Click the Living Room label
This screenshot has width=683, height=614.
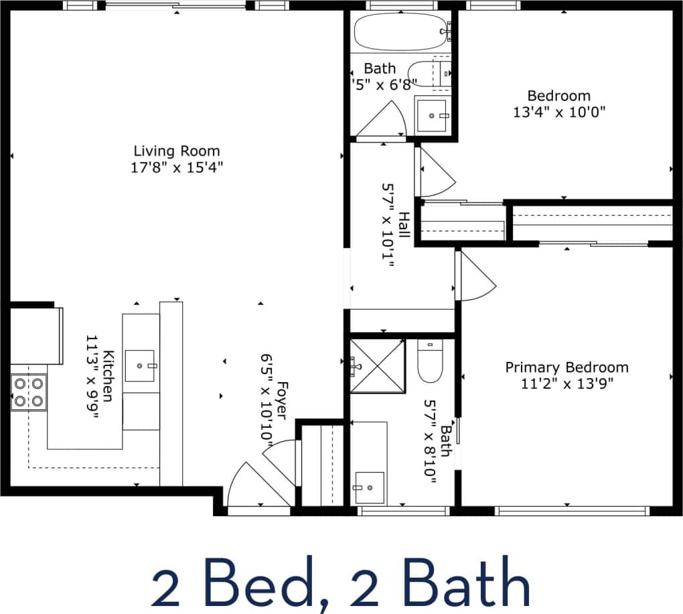click(x=176, y=151)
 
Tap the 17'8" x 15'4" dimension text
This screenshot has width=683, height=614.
click(x=176, y=168)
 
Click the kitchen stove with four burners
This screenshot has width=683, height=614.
click(x=29, y=392)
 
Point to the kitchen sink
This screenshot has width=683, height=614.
click(x=141, y=366)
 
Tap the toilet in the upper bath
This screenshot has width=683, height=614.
click(x=429, y=74)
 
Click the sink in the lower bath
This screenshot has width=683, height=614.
click(x=369, y=487)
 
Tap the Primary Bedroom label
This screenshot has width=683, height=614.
click(x=566, y=367)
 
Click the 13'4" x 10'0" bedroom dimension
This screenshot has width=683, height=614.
click(x=559, y=112)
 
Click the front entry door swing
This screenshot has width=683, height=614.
click(x=244, y=486)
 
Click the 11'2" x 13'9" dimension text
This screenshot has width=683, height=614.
click(x=566, y=383)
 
